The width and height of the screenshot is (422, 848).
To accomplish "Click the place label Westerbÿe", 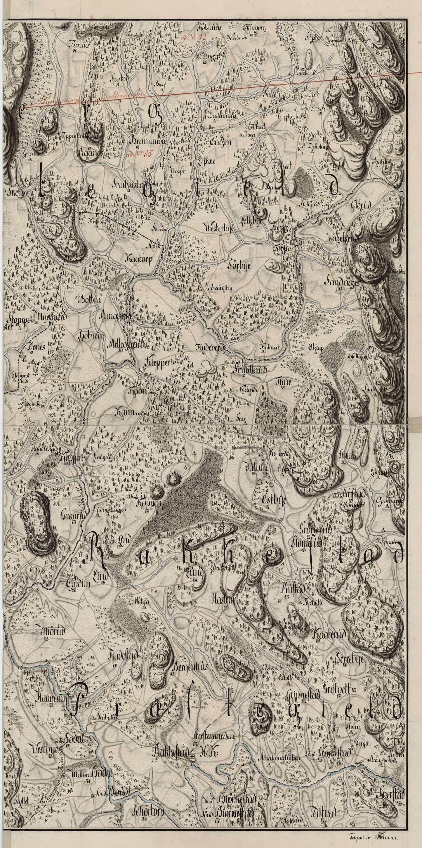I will tap(217, 228).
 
